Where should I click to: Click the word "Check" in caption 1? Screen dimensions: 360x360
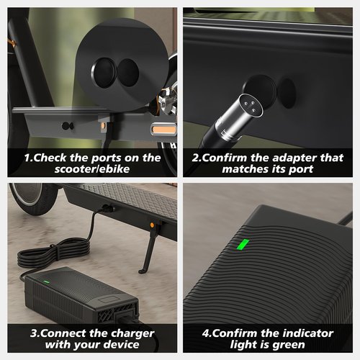[50, 158]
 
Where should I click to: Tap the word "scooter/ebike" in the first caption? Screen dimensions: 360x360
[92, 169]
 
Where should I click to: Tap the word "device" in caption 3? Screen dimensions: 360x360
[121, 345]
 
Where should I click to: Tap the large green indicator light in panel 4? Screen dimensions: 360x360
[243, 245]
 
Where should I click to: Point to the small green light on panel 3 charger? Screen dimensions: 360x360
[46, 282]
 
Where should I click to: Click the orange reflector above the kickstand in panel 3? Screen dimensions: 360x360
[152, 225]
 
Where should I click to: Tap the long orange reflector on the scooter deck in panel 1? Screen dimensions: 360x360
[164, 130]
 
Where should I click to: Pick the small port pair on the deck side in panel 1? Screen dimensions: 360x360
[68, 126]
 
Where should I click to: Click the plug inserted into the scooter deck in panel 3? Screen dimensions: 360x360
[107, 208]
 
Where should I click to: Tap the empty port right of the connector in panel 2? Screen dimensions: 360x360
[287, 93]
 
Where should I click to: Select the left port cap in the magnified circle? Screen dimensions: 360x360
[104, 73]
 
